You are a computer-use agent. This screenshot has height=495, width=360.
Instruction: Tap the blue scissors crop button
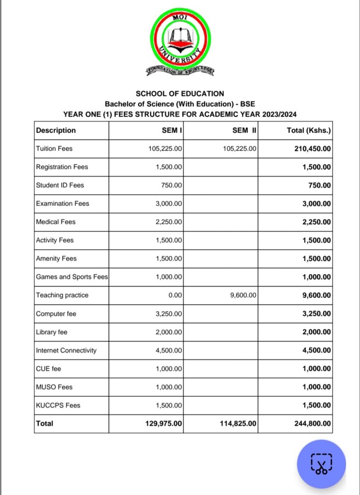coord(321,464)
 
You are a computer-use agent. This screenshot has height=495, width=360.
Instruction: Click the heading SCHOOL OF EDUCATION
coord(180,93)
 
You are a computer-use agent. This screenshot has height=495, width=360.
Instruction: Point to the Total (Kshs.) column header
coord(309,130)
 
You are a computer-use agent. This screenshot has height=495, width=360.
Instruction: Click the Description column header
coord(56,130)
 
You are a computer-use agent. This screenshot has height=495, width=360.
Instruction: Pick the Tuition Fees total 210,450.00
coord(313,148)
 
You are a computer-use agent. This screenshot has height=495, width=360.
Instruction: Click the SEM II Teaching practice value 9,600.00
coord(243,295)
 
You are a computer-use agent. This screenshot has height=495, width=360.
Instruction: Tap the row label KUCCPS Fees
coord(58,405)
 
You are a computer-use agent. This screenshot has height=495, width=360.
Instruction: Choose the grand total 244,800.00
coord(313,423)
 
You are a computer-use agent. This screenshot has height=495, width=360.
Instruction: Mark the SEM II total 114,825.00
coord(239,423)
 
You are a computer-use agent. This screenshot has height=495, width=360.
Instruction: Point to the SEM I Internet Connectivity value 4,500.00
coord(169,350)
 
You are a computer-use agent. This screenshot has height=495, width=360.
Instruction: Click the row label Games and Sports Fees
coord(72,277)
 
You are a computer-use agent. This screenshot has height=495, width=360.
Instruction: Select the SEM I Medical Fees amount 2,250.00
coord(169,222)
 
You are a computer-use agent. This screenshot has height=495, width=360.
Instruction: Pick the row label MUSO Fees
coord(54,387)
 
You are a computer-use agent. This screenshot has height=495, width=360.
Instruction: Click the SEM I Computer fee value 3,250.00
coord(169,314)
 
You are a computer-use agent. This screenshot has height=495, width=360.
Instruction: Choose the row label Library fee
coord(52,332)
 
